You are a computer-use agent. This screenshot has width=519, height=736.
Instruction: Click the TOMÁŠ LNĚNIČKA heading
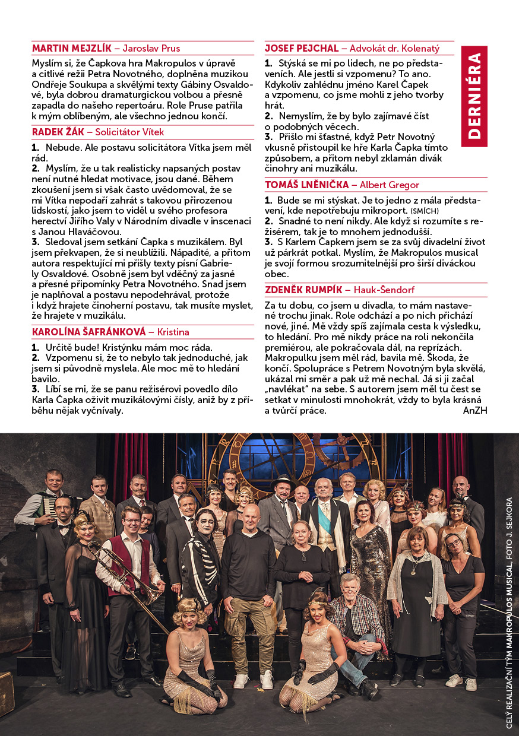click(306, 185)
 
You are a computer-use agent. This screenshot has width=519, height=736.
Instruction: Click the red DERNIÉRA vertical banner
click(474, 96)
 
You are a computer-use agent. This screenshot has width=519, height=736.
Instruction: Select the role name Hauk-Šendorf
click(384, 290)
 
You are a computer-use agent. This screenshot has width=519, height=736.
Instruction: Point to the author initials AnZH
click(474, 410)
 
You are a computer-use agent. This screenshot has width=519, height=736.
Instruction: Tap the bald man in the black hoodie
click(249, 570)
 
